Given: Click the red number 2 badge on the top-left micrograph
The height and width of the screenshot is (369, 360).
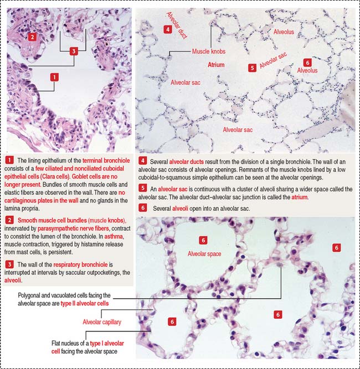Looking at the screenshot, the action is click(x=32, y=37).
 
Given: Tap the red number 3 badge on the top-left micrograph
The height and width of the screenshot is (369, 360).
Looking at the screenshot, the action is click(x=74, y=51).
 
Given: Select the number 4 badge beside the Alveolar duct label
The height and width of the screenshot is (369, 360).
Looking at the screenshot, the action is click(x=167, y=29).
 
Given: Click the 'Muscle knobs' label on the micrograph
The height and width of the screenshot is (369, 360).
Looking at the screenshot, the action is click(x=209, y=51).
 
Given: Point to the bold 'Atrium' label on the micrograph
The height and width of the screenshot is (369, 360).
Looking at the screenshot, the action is click(x=216, y=65).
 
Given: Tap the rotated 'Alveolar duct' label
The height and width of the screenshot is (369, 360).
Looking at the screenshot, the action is click(x=177, y=25).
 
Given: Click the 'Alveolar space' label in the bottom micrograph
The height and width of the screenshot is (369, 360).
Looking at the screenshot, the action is click(x=204, y=254).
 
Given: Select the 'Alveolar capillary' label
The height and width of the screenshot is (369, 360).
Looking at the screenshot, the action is click(x=102, y=322).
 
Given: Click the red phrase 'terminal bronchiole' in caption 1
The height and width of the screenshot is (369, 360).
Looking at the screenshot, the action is click(x=106, y=160).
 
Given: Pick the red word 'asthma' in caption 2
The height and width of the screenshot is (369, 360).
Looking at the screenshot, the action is click(x=114, y=236).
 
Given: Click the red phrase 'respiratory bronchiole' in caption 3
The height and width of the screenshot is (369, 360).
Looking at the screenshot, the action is click(x=80, y=264).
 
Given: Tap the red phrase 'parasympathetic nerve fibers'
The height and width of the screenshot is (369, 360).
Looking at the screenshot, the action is click(x=73, y=228).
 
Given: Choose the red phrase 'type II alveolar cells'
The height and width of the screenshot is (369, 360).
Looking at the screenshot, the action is click(x=85, y=303).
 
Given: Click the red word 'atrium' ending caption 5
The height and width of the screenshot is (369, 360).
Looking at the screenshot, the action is click(x=300, y=197).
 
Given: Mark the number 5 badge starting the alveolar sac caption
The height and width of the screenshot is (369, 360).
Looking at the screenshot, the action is click(x=142, y=188).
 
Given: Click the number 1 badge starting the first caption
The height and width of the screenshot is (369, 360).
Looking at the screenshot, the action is click(x=9, y=160).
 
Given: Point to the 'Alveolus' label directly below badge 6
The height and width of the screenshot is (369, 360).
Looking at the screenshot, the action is click(x=307, y=70).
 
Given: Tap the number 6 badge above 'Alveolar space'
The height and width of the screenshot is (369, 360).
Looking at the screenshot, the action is click(x=203, y=240).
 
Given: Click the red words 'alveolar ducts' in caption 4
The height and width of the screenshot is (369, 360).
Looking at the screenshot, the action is click(x=186, y=162).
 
